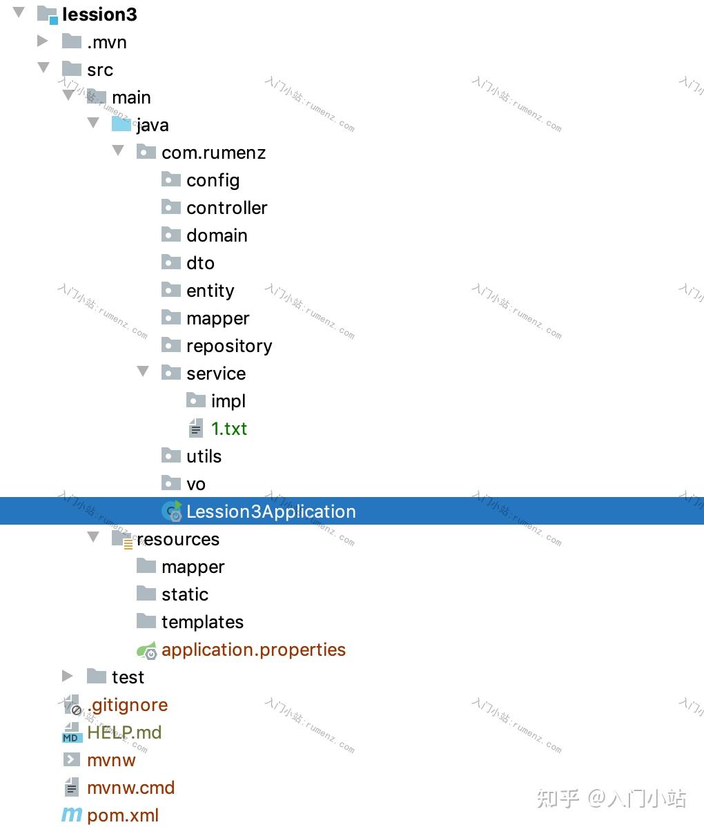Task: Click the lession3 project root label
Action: pyautogui.click(x=99, y=14)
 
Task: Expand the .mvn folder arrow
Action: pyautogui.click(x=43, y=41)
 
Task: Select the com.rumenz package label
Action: pyautogui.click(x=213, y=153)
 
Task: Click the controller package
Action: pyautogui.click(x=226, y=208)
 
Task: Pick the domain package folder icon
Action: pyautogui.click(x=170, y=235)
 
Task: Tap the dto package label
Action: pyautogui.click(x=200, y=263)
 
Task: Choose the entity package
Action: pyautogui.click(x=210, y=291)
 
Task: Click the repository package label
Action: pyautogui.click(x=229, y=346)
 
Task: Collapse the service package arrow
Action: pyautogui.click(x=143, y=372)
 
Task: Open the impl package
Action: pyautogui.click(x=228, y=401)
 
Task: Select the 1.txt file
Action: pyautogui.click(x=228, y=429)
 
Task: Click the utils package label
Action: pyautogui.click(x=204, y=456)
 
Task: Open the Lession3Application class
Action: pyautogui.click(x=271, y=512)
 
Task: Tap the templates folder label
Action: pyautogui.click(x=202, y=622)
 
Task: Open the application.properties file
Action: pyautogui.click(x=253, y=650)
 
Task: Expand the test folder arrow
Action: pyautogui.click(x=67, y=676)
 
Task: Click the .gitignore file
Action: pyautogui.click(x=127, y=705)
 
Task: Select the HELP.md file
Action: pyautogui.click(x=124, y=732)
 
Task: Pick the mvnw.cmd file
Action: pyautogui.click(x=130, y=788)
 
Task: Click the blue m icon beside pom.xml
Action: pyautogui.click(x=71, y=815)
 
